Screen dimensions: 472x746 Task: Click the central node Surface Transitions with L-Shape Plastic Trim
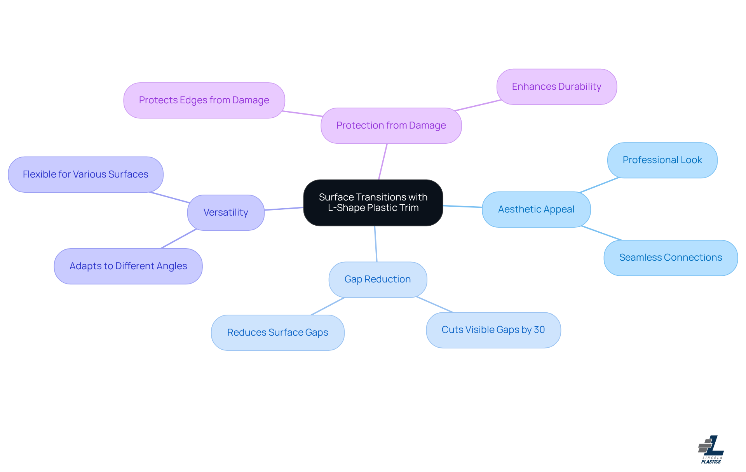373,202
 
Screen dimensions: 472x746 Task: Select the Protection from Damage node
391,125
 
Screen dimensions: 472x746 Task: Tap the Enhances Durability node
556,87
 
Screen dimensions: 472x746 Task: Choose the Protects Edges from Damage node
204,100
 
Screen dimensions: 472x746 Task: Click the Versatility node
226,212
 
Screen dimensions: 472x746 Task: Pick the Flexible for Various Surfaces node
85,174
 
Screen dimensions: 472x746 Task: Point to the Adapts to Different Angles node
128,266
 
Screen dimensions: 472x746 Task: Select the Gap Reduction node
378,279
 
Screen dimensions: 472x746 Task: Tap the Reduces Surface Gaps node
277,333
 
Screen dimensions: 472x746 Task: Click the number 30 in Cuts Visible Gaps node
539,329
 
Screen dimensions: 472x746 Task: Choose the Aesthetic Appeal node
536,209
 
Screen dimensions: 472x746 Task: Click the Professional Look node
662,160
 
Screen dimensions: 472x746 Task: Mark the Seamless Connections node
671,258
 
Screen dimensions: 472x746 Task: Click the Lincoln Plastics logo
711,449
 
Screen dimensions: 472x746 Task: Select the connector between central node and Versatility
284,209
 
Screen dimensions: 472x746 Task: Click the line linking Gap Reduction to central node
376,244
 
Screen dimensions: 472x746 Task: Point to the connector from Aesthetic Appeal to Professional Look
599,185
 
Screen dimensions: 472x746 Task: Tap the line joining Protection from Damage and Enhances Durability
478,105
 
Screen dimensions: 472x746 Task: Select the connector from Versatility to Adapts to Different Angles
178,239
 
